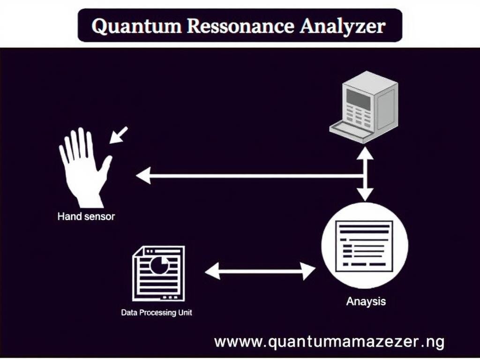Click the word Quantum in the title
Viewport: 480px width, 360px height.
pyautogui.click(x=134, y=26)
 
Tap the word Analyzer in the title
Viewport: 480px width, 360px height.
pyautogui.click(x=342, y=26)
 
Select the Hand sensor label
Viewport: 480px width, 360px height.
pyautogui.click(x=86, y=217)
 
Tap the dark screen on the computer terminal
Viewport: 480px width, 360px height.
pyautogui.click(x=358, y=98)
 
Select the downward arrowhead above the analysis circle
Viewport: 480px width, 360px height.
pyautogui.click(x=365, y=194)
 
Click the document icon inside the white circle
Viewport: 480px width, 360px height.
pyautogui.click(x=365, y=245)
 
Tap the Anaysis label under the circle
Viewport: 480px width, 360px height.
pyautogui.click(x=366, y=301)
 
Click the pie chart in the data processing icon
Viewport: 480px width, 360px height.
pyautogui.click(x=159, y=265)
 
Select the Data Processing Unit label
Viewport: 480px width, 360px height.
pyautogui.click(x=157, y=312)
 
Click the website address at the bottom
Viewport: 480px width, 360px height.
pyautogui.click(x=329, y=341)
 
